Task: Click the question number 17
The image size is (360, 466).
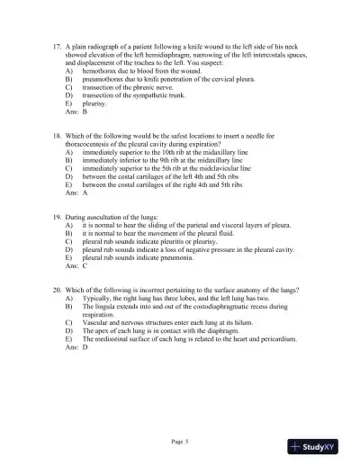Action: click(57, 44)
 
